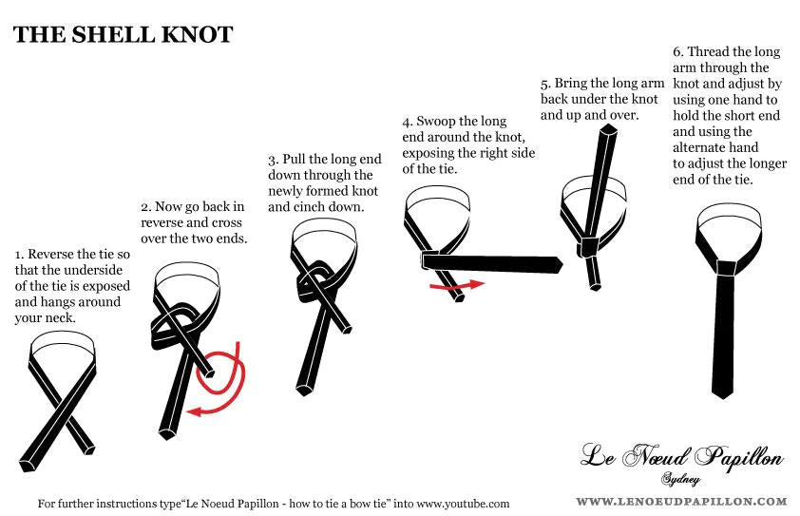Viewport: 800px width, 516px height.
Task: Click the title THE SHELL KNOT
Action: point(123,34)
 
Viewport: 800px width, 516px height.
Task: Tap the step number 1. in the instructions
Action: point(19,254)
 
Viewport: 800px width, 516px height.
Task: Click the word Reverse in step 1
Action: point(50,254)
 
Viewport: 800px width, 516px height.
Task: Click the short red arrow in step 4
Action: point(457,286)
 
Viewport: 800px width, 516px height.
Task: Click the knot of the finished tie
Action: point(726,268)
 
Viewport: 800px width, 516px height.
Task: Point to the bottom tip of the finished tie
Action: point(723,397)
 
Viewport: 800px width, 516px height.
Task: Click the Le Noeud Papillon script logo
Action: point(681,456)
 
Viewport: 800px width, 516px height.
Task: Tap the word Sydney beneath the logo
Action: point(680,479)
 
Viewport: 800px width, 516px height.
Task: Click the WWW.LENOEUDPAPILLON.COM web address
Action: point(681,502)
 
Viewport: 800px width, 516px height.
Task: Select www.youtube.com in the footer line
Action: point(464,505)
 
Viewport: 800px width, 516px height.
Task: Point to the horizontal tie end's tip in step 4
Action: point(562,264)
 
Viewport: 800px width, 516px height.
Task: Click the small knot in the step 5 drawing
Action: point(589,247)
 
